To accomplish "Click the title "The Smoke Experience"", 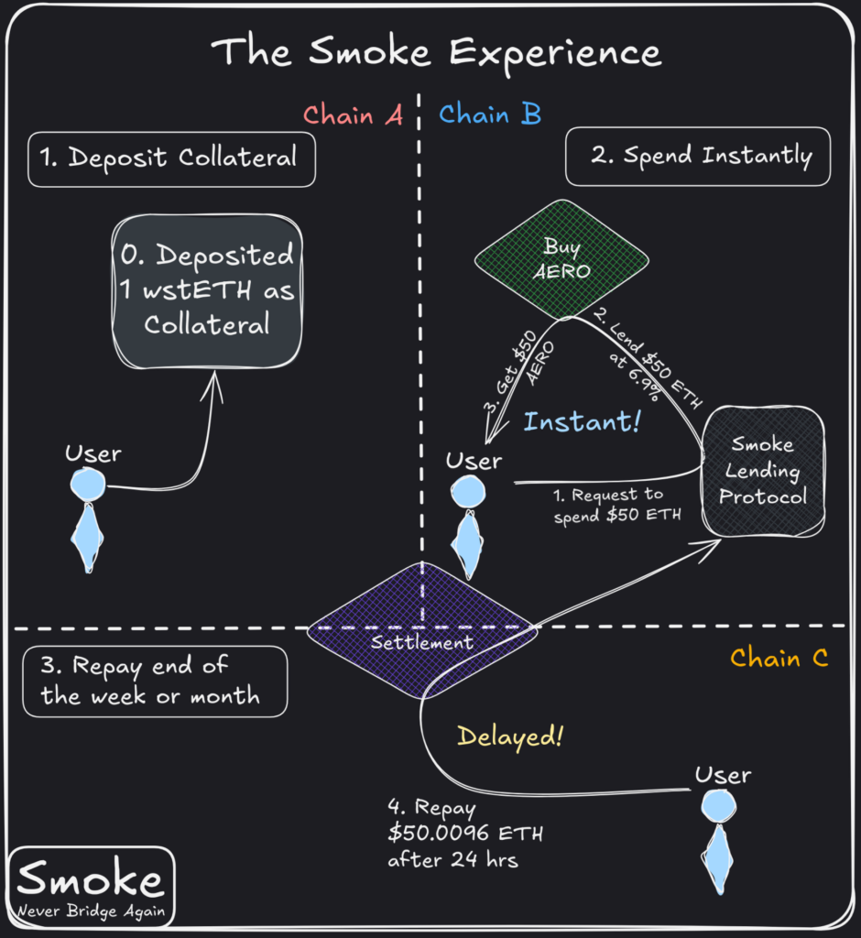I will [x=436, y=52].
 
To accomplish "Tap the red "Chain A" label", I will [x=353, y=115].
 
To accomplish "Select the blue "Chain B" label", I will [x=490, y=115].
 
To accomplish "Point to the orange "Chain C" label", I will [x=779, y=658].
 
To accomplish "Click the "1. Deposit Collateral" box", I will [x=171, y=158].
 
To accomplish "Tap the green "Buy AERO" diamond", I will [x=562, y=258].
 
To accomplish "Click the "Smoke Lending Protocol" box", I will [x=763, y=472].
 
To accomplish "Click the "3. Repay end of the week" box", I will [x=155, y=681].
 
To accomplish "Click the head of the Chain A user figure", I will [x=88, y=484].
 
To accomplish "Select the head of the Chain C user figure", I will [x=719, y=806].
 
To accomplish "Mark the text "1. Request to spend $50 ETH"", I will [x=618, y=504].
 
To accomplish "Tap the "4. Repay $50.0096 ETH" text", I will [x=458, y=834].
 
